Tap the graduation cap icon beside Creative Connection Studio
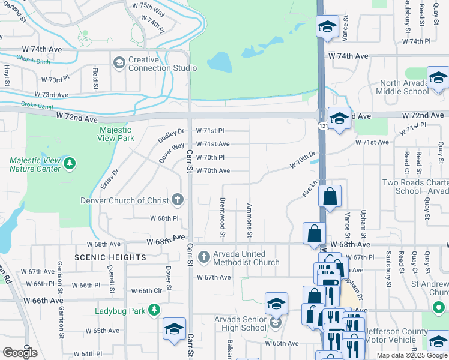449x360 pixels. pos(119,62)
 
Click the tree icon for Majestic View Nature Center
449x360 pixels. pos(70,163)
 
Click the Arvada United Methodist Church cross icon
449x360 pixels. pos(203,257)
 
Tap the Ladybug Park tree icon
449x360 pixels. pos(155,310)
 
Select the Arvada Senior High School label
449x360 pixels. pos(240,323)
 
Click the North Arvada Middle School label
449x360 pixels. pos(402,88)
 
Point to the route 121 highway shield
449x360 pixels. pos(323,126)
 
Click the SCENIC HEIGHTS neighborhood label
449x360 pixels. pos(110,257)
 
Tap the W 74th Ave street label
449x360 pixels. pos(348,56)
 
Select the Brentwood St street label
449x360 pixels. pos(223,214)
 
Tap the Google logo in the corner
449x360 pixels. pos(20,352)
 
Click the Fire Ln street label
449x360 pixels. pos(309,188)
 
